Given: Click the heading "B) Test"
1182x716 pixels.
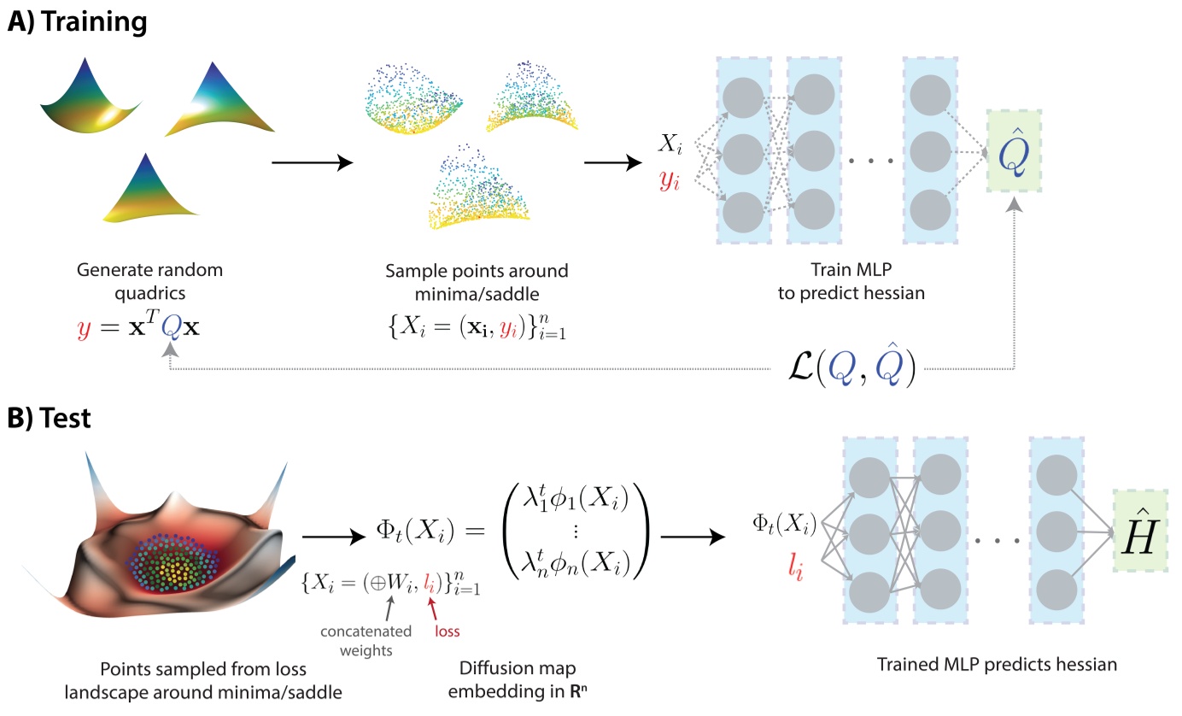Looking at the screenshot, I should (55, 419).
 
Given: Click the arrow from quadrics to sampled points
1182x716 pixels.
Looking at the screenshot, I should (312, 162).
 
